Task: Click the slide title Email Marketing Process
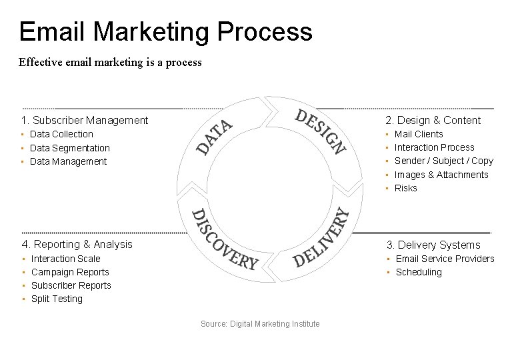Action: [165, 31]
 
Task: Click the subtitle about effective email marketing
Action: [110, 63]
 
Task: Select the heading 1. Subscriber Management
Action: [85, 120]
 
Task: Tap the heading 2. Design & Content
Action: [433, 120]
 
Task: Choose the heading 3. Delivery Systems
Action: [433, 245]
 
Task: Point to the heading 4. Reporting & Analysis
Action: [77, 244]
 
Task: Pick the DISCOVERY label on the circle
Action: [224, 239]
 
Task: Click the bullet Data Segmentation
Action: [71, 148]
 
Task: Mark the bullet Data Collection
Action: [62, 134]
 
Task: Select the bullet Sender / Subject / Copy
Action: [443, 161]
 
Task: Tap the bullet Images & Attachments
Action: [441, 175]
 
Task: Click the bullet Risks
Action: [406, 188]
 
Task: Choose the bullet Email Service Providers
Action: [445, 259]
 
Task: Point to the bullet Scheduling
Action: [419, 272]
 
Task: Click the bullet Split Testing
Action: [57, 299]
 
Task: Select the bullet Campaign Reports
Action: [70, 272]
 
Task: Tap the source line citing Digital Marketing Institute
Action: [260, 324]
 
